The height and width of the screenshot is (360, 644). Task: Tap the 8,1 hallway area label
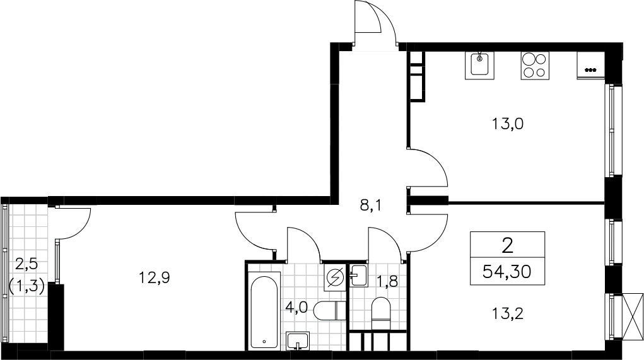click(x=371, y=206)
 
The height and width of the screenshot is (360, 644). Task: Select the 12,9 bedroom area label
click(x=154, y=278)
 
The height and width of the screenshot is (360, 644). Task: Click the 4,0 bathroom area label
click(x=296, y=308)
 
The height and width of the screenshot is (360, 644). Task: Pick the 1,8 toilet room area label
click(x=387, y=282)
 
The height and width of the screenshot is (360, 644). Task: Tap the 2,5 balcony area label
click(x=26, y=264)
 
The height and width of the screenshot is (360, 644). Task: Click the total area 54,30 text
click(x=507, y=271)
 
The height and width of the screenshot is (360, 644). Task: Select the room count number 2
click(x=508, y=246)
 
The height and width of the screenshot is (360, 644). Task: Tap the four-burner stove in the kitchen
click(x=535, y=66)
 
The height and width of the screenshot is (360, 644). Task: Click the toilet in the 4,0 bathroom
click(x=329, y=310)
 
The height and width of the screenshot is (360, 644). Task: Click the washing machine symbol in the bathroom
click(x=334, y=278)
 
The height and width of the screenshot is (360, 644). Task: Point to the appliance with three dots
click(x=590, y=66)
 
